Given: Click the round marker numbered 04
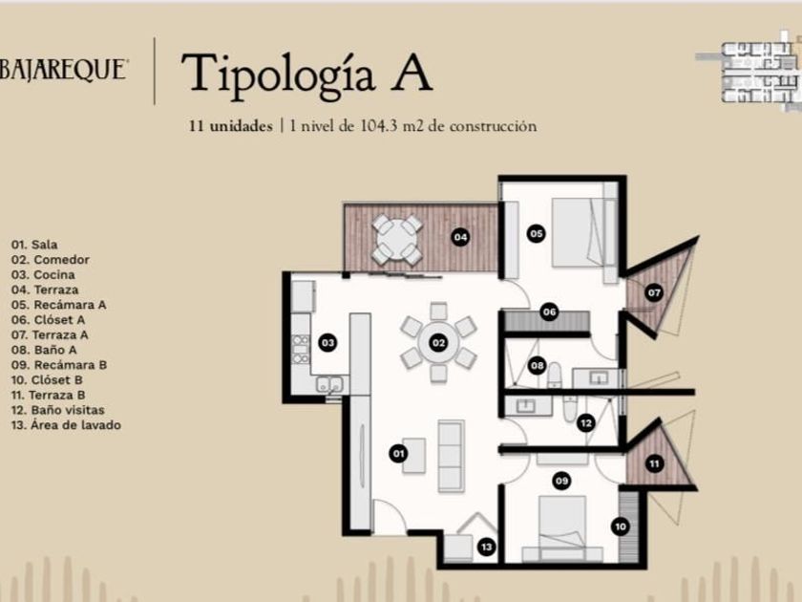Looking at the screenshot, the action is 460,237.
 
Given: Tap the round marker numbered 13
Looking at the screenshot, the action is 486,548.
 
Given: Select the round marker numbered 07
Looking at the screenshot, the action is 654,292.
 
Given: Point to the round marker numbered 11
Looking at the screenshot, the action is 654,463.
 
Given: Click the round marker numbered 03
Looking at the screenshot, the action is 327,342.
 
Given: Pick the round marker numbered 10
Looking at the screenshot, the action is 621,527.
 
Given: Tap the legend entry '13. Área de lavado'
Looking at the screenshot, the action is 66,425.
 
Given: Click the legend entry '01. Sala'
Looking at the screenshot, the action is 34,245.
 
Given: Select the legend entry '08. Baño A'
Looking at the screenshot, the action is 44,350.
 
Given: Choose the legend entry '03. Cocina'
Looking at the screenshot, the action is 43,274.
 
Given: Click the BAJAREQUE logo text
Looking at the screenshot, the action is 63,70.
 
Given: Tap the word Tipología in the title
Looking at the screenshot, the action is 279,74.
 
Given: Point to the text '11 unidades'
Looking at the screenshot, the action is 231,126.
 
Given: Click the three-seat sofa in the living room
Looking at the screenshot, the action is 451,456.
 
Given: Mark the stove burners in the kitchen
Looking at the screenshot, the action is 301,349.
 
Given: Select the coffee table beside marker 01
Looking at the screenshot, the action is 413,455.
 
